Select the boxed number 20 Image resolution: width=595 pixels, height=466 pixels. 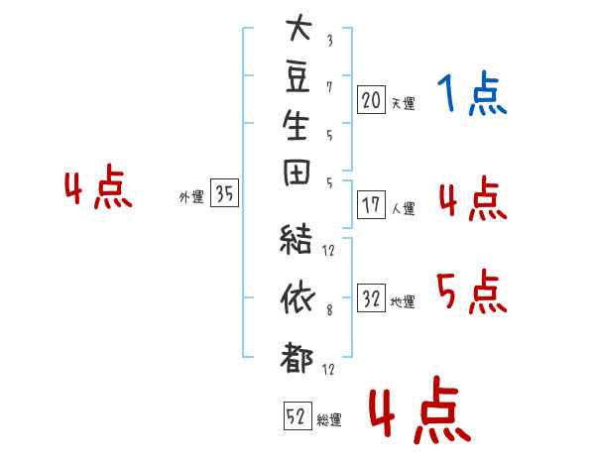point(372,100)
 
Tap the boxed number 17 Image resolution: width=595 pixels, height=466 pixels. point(372,206)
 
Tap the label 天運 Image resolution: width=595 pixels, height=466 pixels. point(403,103)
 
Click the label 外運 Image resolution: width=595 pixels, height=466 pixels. point(191,197)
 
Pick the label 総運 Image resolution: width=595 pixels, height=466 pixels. point(329,420)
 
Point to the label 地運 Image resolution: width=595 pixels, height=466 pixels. point(403,302)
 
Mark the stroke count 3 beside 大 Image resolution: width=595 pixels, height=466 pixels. point(329,42)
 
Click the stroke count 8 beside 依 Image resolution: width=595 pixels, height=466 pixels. point(329,310)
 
